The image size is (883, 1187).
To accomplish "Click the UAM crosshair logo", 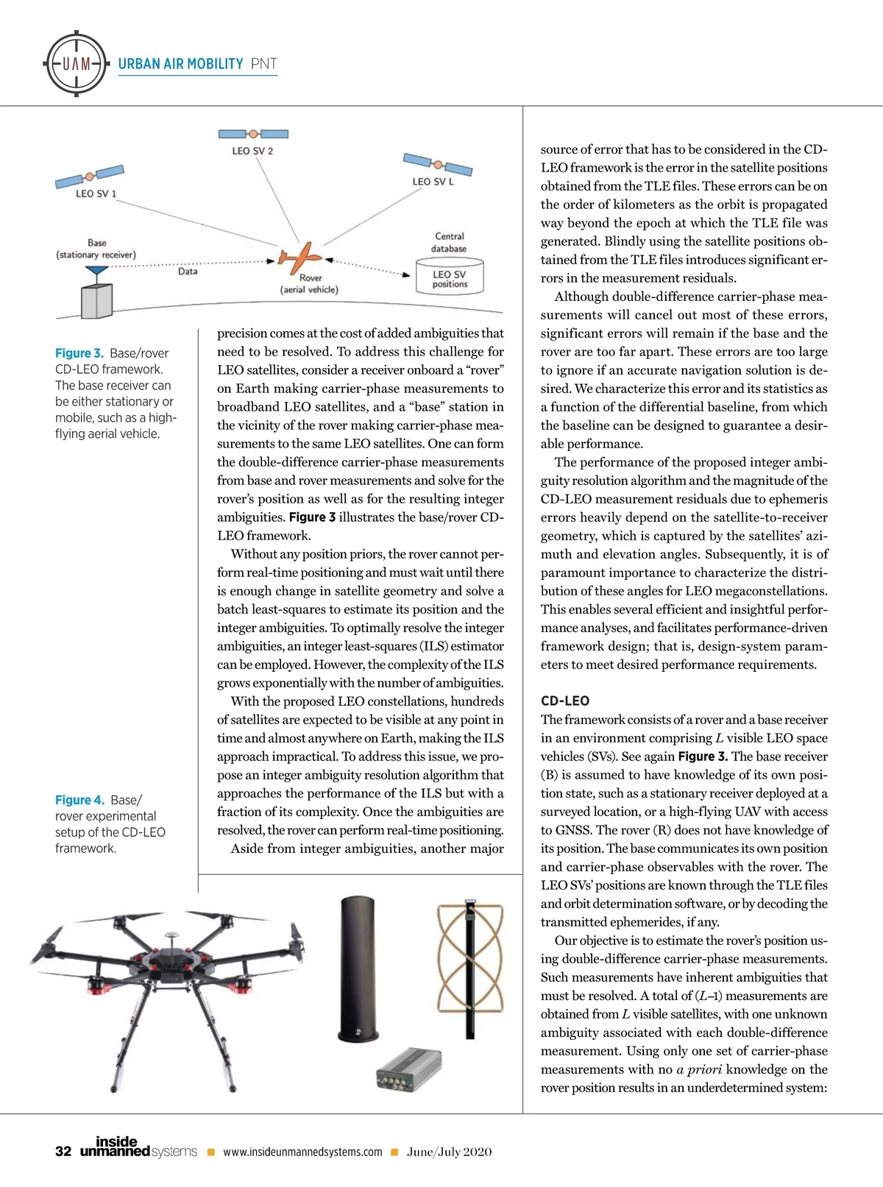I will tap(77, 63).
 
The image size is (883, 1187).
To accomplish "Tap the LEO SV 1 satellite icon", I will tap(90, 177).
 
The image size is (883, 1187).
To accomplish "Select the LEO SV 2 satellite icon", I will tap(253, 134).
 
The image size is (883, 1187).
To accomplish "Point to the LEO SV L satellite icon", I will tap(437, 165).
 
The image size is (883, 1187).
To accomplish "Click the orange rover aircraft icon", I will tap(297, 258).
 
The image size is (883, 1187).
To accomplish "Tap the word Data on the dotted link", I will tap(188, 272).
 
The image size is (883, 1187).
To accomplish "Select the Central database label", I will tap(449, 242).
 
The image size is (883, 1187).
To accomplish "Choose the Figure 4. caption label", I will tap(79, 800).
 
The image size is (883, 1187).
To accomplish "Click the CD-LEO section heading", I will tap(564, 701).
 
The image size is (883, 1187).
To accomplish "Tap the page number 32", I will tap(63, 1152).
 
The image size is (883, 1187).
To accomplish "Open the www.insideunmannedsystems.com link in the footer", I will tap(302, 1152).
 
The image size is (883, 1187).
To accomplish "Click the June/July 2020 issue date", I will tap(449, 1152).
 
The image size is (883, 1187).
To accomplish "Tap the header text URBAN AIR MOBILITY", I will tap(180, 64).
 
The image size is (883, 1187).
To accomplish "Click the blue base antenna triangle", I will tap(96, 272).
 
